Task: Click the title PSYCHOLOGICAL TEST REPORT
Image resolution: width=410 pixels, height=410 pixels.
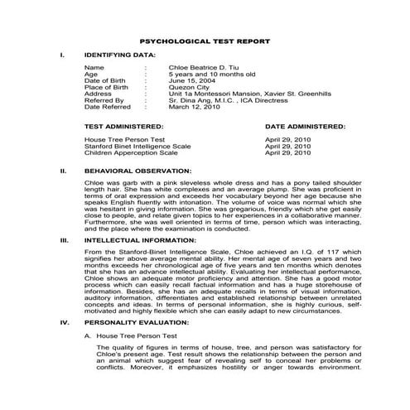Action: [x=205, y=39]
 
